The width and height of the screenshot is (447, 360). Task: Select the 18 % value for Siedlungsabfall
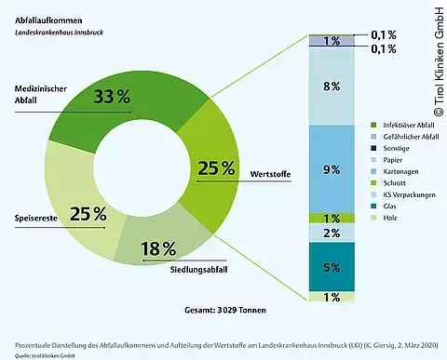point(157,248)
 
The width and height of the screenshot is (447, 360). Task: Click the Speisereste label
point(34,219)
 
